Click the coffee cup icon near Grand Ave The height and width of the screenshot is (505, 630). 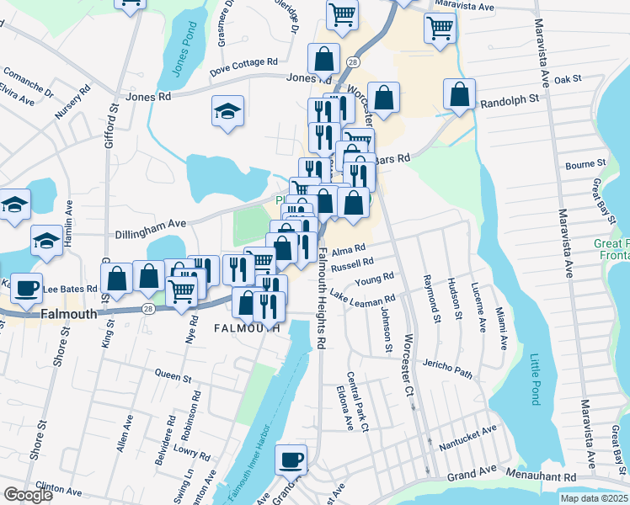click(291, 460)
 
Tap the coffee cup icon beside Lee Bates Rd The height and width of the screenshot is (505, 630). click(24, 287)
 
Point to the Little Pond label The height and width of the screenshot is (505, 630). click(535, 380)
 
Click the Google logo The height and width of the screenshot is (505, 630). click(28, 495)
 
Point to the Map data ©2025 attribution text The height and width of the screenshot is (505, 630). click(593, 498)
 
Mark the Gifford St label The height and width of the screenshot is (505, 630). click(110, 126)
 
